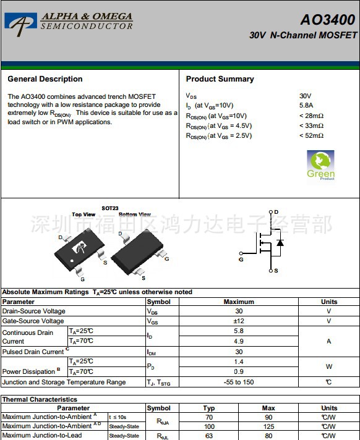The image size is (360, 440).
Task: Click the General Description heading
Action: click(45, 79)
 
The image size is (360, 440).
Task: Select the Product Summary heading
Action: click(220, 79)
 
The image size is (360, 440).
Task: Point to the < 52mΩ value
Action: click(311, 135)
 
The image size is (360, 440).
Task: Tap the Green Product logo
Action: click(320, 164)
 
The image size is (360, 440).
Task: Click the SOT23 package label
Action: click(109, 209)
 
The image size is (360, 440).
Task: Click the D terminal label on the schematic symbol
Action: click(276, 212)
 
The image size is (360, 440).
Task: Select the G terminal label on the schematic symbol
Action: click(241, 260)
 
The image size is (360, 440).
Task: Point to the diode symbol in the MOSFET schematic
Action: click(280, 242)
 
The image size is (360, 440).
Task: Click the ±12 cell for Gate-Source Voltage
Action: click(239, 321)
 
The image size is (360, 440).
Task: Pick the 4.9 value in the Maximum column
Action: click(239, 341)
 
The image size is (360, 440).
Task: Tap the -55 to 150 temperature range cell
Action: click(239, 382)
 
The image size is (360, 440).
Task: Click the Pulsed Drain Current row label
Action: click(34, 352)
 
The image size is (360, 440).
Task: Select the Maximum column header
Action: click(239, 302)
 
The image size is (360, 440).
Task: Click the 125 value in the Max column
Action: click(268, 426)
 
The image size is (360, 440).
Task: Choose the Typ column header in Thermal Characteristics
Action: click(209, 408)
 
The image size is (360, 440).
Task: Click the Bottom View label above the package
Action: click(135, 214)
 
